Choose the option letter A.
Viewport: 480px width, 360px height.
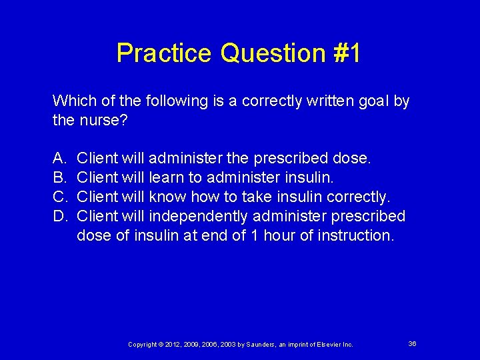tap(59, 159)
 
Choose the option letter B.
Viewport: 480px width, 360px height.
tap(59, 178)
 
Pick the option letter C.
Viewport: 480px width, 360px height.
tap(59, 197)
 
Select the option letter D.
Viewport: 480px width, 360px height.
tap(59, 217)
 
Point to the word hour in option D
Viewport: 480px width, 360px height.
tap(285, 236)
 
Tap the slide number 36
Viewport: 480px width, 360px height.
tap(412, 343)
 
